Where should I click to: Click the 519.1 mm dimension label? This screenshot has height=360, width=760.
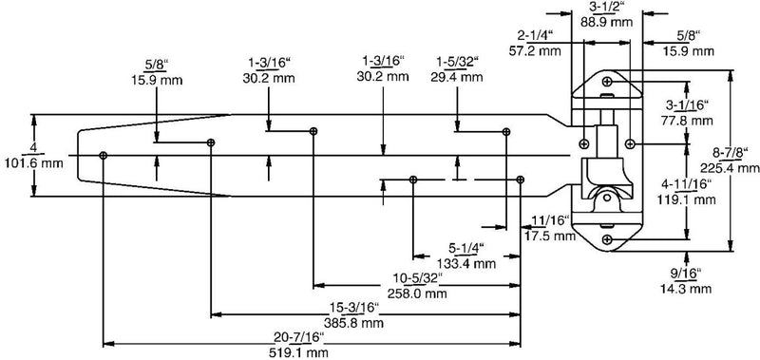pyautogui.click(x=298, y=352)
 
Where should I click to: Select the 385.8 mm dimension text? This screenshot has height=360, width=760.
pyautogui.click(x=353, y=323)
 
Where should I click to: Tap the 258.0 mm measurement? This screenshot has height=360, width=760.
pyautogui.click(x=417, y=294)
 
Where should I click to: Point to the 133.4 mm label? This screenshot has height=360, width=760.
pyautogui.click(x=466, y=263)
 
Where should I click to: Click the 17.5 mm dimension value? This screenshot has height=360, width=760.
pyautogui.click(x=550, y=236)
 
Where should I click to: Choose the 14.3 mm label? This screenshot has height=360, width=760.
pyautogui.click(x=686, y=290)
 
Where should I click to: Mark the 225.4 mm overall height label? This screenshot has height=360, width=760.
pyautogui.click(x=730, y=167)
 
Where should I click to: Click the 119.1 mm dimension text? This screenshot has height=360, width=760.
pyautogui.click(x=687, y=199)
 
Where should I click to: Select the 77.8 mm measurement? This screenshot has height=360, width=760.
pyautogui.click(x=687, y=121)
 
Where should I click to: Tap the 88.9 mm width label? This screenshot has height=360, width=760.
pyautogui.click(x=606, y=22)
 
